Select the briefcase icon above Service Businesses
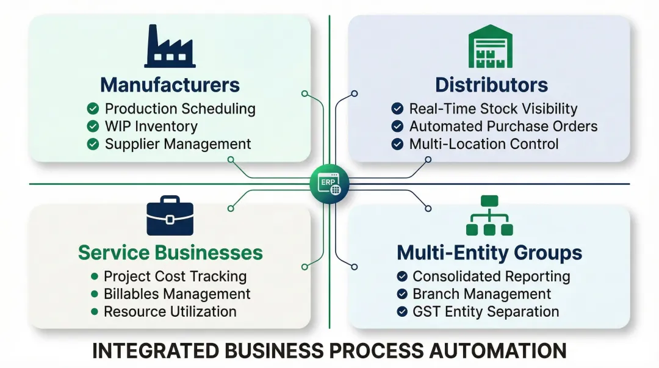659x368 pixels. [170, 216]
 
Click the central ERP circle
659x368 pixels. [329, 183]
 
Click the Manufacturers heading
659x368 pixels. [170, 84]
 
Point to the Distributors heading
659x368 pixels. [491, 84]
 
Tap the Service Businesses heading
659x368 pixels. [170, 253]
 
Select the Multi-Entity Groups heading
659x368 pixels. [489, 253]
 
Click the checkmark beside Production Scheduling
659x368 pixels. [93, 109]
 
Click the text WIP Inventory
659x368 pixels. [151, 126]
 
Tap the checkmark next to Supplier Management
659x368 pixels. [93, 144]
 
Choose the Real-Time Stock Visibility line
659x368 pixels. [493, 109]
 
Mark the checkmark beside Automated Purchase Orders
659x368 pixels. [397, 126]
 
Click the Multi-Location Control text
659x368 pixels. [484, 144]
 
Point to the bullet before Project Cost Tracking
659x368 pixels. [94, 276]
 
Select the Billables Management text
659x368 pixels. [177, 294]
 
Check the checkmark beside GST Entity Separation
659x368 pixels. [402, 311]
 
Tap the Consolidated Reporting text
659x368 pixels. [491, 276]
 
